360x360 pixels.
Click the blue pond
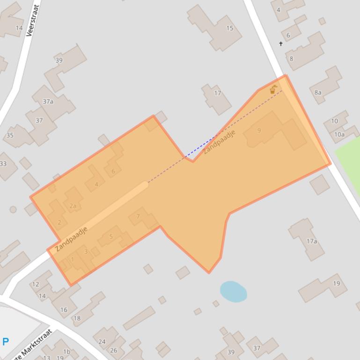233,291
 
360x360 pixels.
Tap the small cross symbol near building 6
281,44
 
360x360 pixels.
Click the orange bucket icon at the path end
273,90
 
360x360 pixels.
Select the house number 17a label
312,241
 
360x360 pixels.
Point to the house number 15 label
230,29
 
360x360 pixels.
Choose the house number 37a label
48,101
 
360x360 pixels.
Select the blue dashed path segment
199,148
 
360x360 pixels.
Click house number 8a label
318,93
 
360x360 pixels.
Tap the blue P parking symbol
6,342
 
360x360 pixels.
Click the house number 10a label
339,135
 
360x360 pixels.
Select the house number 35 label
10,136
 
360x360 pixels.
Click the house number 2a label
73,206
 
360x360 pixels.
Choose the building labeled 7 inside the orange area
142,217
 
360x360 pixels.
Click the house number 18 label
77,318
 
